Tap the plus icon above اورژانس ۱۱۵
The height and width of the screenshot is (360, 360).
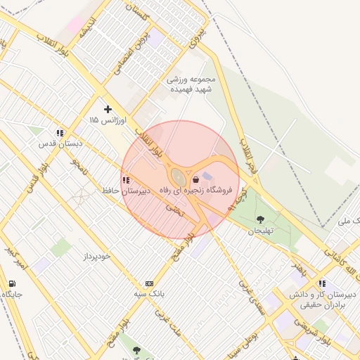pyautogui.click(x=107, y=109)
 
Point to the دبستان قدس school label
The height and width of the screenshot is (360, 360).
pyautogui.click(x=60, y=143)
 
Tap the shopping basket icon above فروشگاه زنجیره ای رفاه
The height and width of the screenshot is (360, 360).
pyautogui.click(x=195, y=179)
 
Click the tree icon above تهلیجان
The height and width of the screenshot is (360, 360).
pyautogui.click(x=262, y=219)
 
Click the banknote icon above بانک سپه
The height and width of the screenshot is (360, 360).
pyautogui.click(x=148, y=283)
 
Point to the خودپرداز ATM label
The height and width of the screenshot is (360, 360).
pyautogui.click(x=96, y=256)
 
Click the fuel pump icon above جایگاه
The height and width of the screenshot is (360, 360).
pyautogui.click(x=12, y=283)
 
